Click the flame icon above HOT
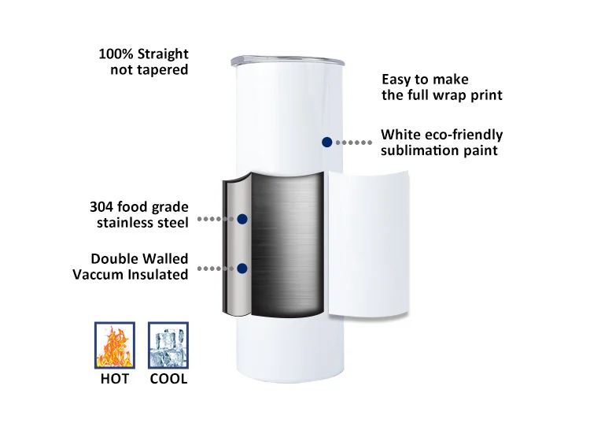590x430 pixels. coord(114,344)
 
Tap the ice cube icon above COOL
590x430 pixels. coord(168,344)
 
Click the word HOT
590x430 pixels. coord(114,379)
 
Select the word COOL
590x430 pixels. coord(168,379)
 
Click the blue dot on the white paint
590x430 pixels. coord(326,142)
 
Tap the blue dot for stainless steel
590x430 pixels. coord(242,219)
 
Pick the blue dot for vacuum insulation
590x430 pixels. coord(242,269)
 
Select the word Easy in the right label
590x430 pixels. coord(396,80)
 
